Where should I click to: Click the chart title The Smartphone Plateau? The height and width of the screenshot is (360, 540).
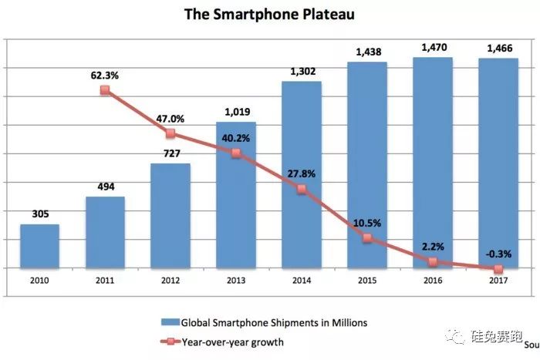(270, 15)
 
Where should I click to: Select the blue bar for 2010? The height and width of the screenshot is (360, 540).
(39, 246)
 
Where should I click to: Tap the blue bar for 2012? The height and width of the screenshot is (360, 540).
(170, 216)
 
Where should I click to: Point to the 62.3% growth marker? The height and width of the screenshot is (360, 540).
(105, 90)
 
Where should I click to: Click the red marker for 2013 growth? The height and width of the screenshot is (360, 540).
(236, 153)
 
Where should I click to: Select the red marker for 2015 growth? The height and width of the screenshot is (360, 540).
(367, 238)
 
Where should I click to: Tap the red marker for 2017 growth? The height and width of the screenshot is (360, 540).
(498, 269)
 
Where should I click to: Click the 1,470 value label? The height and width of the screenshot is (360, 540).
(432, 47)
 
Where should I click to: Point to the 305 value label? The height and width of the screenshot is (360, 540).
(39, 214)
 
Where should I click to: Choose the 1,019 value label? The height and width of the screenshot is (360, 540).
(236, 112)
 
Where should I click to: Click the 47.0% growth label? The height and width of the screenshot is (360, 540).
(170, 119)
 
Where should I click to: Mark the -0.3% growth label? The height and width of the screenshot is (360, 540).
(498, 251)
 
